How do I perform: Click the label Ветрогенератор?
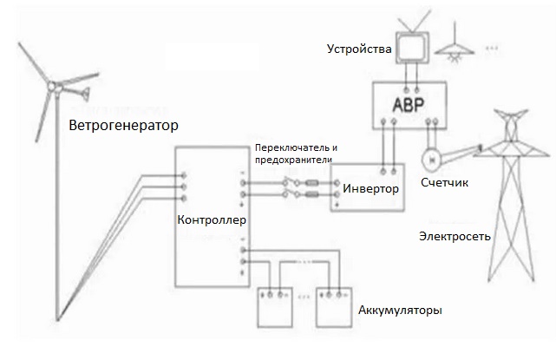(123, 126)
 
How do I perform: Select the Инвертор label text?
(370, 188)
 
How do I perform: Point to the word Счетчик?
(444, 184)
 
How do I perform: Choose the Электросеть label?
(455, 235)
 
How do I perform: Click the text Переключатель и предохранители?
(295, 153)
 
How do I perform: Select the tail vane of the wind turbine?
(86, 93)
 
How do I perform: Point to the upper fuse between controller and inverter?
(311, 184)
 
